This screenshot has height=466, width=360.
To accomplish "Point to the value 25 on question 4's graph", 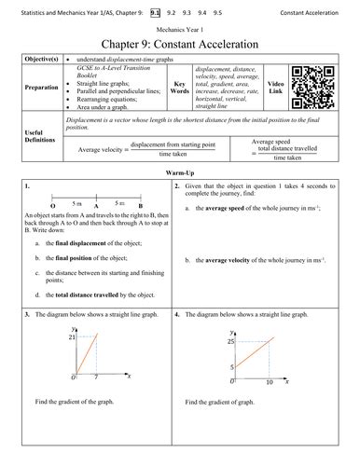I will (229, 343).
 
